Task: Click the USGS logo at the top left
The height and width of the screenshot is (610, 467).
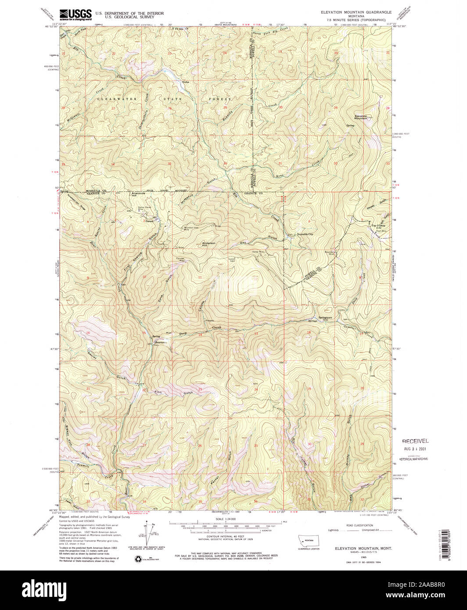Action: coord(75,14)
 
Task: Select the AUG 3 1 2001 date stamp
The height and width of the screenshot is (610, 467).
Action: coord(415,449)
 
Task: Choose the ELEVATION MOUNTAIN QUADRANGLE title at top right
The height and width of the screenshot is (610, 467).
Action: coord(359,13)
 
